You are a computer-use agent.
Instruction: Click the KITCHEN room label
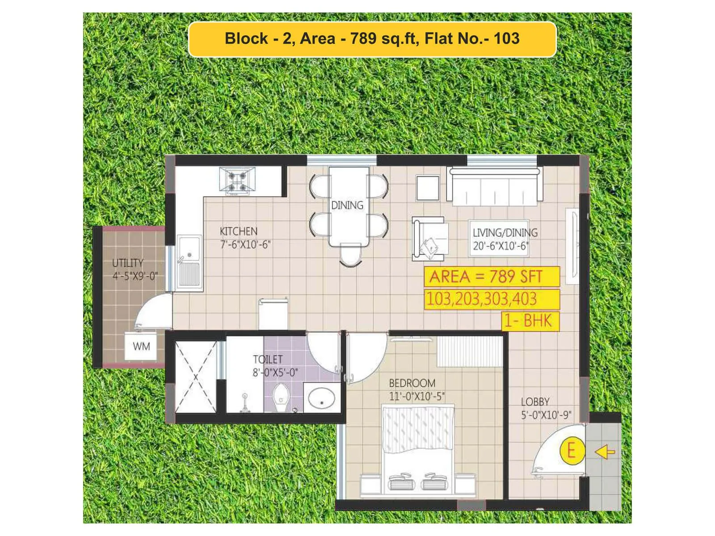(239, 231)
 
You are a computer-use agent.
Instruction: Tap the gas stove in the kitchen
(237, 181)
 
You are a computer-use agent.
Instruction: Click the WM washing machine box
(141, 346)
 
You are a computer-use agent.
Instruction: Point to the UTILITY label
(128, 263)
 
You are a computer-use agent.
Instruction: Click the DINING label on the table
(347, 205)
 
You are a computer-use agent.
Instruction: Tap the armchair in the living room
(429, 239)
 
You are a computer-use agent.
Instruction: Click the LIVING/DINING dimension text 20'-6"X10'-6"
(500, 246)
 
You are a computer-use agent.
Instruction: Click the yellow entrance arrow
(605, 452)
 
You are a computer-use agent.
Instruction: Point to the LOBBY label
(535, 402)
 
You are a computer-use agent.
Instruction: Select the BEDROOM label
(412, 383)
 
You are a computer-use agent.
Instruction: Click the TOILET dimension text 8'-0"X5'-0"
(275, 373)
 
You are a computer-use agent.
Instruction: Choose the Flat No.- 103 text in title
(472, 38)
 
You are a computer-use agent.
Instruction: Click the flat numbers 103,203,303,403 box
(492, 299)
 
